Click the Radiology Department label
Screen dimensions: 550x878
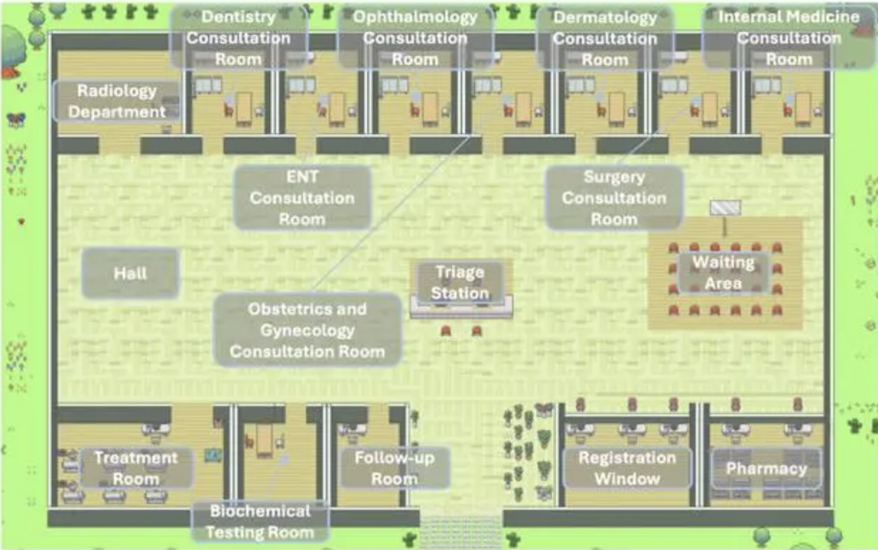117,102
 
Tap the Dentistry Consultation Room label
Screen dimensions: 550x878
238,38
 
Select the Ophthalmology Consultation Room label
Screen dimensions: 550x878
415,38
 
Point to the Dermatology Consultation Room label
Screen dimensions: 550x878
604,38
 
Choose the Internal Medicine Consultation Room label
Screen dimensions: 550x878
788,38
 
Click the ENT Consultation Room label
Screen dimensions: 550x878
302,197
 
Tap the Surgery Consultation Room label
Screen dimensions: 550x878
614,197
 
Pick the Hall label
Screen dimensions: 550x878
130,274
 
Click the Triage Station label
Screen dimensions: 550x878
460,282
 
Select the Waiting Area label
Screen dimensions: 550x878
723,273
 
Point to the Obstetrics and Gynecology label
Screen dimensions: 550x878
307,330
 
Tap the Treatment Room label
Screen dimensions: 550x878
136,468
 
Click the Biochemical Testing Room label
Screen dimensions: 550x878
259,522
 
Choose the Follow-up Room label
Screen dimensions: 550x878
394,468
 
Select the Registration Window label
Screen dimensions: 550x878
627,468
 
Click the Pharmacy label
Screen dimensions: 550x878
766,468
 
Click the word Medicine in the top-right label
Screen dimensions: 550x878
827,17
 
